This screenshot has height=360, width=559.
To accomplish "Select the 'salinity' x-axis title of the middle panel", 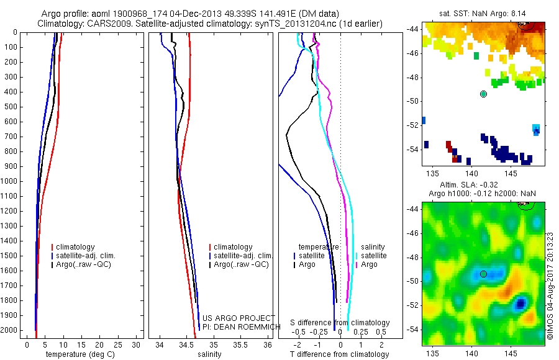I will (209, 354).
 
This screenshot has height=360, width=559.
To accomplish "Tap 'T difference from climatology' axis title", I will (339, 354).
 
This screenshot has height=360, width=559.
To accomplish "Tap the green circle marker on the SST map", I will (483, 94).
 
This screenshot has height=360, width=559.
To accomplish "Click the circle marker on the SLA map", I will (483, 274).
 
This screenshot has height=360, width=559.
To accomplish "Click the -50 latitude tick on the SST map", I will (414, 101).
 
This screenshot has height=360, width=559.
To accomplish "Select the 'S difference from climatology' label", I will (340, 323).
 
